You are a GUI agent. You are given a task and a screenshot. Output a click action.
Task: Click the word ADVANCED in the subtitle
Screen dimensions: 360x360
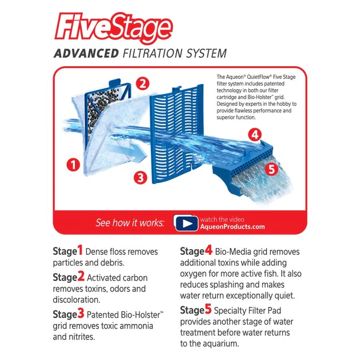85,54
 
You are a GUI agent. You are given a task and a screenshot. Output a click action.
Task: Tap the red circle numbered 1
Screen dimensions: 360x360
73,166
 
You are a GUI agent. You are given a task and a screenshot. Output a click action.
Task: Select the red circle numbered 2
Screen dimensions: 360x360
143,84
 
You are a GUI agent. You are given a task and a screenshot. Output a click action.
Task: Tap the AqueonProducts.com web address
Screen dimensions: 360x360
232,226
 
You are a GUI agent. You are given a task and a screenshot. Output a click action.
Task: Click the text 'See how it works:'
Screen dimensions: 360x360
130,223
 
